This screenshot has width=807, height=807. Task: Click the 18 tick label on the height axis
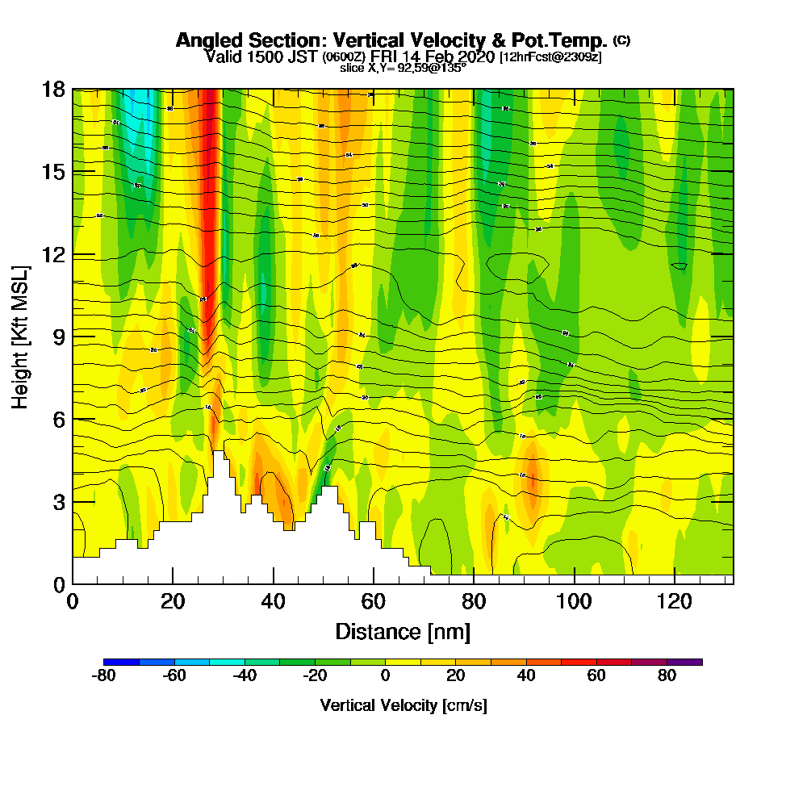[53, 90]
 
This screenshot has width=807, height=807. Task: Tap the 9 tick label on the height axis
[58, 337]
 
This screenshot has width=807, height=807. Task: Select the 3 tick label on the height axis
[58, 502]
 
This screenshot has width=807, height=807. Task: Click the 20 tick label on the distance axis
[173, 601]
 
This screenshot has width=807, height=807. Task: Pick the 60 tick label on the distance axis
[373, 601]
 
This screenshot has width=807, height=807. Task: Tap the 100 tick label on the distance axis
[574, 601]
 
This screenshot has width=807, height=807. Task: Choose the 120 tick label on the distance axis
[674, 601]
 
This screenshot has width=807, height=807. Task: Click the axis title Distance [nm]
[403, 631]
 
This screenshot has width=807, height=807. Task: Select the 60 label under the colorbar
[596, 676]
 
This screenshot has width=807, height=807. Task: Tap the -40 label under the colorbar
[245, 676]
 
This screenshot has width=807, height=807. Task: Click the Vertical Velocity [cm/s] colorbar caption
[403, 705]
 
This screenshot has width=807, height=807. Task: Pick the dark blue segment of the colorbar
[121, 662]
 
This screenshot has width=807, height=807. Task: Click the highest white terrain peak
[219, 454]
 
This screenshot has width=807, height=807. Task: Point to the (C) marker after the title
[621, 40]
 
